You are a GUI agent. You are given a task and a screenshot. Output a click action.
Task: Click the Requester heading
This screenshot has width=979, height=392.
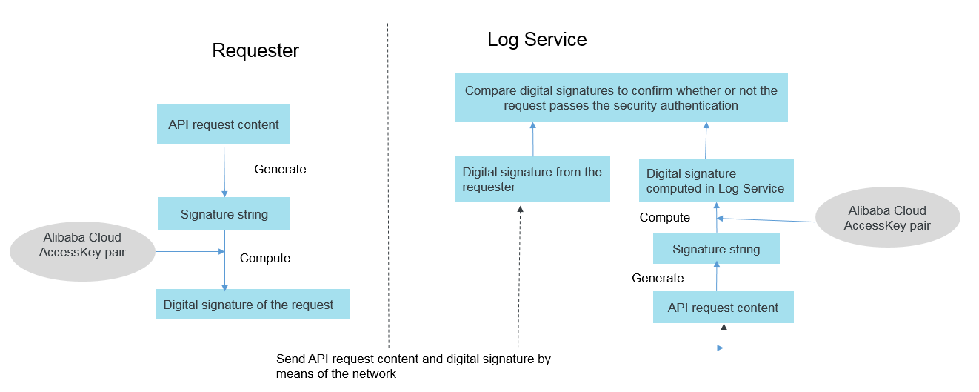(x=255, y=50)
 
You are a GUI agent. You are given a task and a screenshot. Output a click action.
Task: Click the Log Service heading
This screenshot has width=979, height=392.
(x=537, y=39)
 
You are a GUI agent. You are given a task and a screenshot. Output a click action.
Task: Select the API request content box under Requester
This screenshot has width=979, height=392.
(x=224, y=124)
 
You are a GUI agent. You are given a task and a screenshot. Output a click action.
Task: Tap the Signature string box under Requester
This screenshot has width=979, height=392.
(x=224, y=213)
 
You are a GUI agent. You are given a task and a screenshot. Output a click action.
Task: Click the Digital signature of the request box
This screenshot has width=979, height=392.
(x=253, y=304)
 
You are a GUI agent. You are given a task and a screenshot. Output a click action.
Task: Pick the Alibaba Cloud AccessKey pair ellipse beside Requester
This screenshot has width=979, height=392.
(x=82, y=251)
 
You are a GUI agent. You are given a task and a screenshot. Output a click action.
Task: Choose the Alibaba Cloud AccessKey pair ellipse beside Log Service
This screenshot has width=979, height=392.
(x=887, y=217)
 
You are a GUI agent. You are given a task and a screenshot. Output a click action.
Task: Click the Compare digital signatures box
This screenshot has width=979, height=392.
(x=621, y=97)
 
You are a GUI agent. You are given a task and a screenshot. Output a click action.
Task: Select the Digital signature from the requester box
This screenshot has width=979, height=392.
(x=532, y=179)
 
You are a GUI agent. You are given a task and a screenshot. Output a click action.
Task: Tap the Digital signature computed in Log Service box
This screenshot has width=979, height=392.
(x=716, y=180)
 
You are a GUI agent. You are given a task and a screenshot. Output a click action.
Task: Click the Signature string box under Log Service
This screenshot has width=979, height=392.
(x=716, y=248)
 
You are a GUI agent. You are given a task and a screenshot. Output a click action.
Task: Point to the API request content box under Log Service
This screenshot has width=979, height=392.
(x=723, y=307)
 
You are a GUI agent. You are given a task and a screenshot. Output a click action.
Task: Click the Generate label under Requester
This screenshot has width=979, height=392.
(x=280, y=169)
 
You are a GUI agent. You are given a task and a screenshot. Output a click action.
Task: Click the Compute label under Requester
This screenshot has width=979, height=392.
(x=265, y=258)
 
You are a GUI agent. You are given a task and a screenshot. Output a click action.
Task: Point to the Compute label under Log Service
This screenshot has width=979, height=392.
(x=665, y=217)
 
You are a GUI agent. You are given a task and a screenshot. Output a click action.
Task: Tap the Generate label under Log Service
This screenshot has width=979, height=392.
(x=658, y=278)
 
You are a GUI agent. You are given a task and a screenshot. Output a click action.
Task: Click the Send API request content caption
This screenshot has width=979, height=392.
(x=413, y=366)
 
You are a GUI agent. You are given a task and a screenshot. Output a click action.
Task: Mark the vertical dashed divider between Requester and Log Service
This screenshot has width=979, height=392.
(x=388, y=185)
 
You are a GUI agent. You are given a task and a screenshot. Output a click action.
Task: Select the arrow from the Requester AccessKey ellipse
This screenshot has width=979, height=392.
(x=190, y=251)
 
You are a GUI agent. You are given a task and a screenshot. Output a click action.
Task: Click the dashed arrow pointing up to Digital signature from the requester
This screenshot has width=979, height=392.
(x=519, y=277)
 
